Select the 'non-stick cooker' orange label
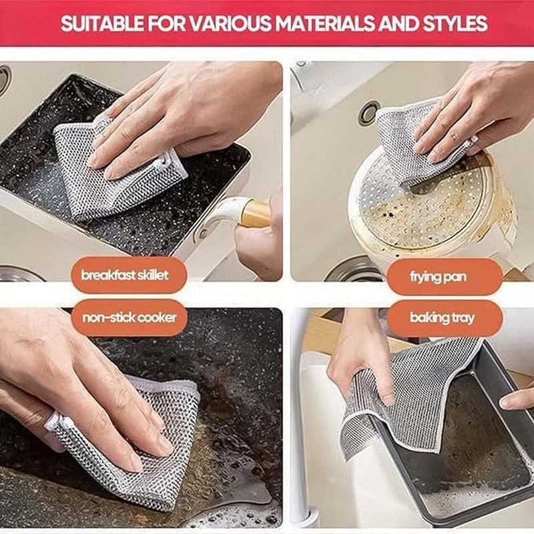click(129, 318)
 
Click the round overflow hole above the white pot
click(368, 113)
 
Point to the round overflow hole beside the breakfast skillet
click(3, 78)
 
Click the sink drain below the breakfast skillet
click(20, 274)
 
